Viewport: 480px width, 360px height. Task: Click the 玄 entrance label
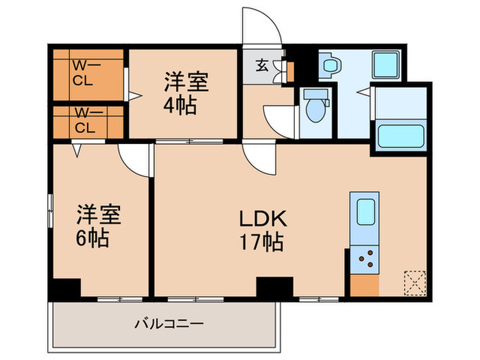(263, 66)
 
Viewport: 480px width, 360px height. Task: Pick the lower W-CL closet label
(84, 121)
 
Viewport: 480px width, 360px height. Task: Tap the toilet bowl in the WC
(315, 108)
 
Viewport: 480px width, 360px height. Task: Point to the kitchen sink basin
(363, 210)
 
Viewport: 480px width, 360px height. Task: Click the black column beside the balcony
(66, 289)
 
